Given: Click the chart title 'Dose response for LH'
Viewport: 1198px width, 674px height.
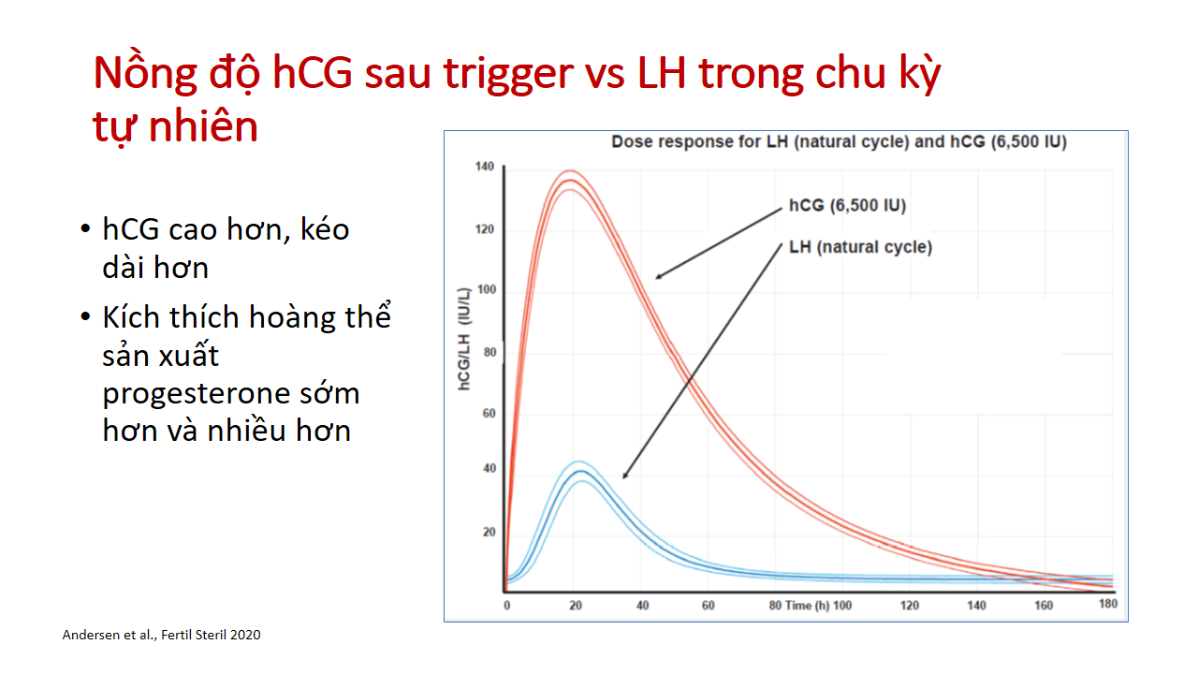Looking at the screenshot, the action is [840, 141].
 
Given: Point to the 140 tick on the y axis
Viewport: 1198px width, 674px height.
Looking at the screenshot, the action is [485, 167].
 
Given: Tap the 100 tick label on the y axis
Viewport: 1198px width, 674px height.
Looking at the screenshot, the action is [487, 289].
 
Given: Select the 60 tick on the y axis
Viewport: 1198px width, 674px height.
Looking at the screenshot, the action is [489, 413].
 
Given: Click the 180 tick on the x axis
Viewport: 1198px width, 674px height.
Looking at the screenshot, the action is [1108, 604].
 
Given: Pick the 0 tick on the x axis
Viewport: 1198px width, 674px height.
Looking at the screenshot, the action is [507, 606].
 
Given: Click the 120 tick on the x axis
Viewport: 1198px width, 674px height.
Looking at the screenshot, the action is [909, 606].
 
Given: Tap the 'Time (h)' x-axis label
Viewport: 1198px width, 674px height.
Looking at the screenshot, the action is [807, 606].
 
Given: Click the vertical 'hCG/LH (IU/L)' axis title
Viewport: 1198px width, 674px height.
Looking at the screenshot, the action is [463, 339].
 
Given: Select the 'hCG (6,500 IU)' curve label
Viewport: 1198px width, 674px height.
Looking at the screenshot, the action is [848, 205].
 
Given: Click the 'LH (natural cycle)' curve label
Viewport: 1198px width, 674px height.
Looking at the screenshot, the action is [860, 247].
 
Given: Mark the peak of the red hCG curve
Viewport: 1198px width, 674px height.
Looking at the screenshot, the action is [570, 180].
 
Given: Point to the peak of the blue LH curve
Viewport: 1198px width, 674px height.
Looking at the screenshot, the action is [581, 471].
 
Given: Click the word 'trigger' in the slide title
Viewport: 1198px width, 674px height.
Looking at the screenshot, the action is [508, 75].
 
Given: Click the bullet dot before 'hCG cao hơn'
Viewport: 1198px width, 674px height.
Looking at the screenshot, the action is [85, 229].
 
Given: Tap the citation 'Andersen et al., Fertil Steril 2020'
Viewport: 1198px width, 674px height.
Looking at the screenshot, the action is [162, 635].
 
